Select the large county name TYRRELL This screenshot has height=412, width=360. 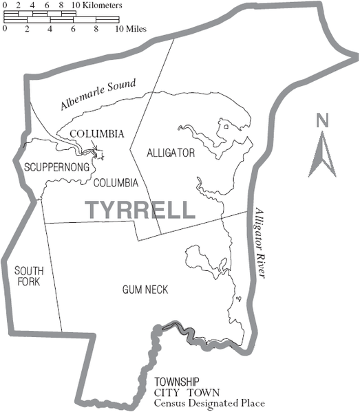[140, 210]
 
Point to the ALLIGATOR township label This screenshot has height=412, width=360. [171, 153]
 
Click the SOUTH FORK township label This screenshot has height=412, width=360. [26, 277]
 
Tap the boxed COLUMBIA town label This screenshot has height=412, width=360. [97, 133]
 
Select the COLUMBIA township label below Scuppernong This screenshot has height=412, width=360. [116, 183]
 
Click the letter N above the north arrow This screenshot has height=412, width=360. [321, 121]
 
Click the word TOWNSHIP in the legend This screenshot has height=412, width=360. [177, 382]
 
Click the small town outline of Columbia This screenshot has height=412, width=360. [99, 153]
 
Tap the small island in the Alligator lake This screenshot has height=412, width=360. [226, 127]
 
